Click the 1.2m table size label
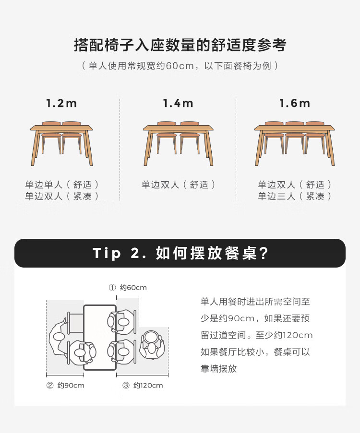click(61, 103)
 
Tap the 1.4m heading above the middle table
click(178, 103)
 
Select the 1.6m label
click(295, 103)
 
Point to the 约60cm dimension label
click(133, 288)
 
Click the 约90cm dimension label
click(71, 386)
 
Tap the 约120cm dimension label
click(148, 386)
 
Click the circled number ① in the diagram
click(112, 288)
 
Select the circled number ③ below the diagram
click(126, 386)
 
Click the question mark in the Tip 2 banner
click(264, 253)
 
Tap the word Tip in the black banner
click(107, 253)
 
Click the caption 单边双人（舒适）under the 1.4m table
click(179, 185)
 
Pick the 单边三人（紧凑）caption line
click(295, 196)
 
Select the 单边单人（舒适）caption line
click(61, 185)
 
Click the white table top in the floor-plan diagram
click(100, 337)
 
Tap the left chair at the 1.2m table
click(51, 138)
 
